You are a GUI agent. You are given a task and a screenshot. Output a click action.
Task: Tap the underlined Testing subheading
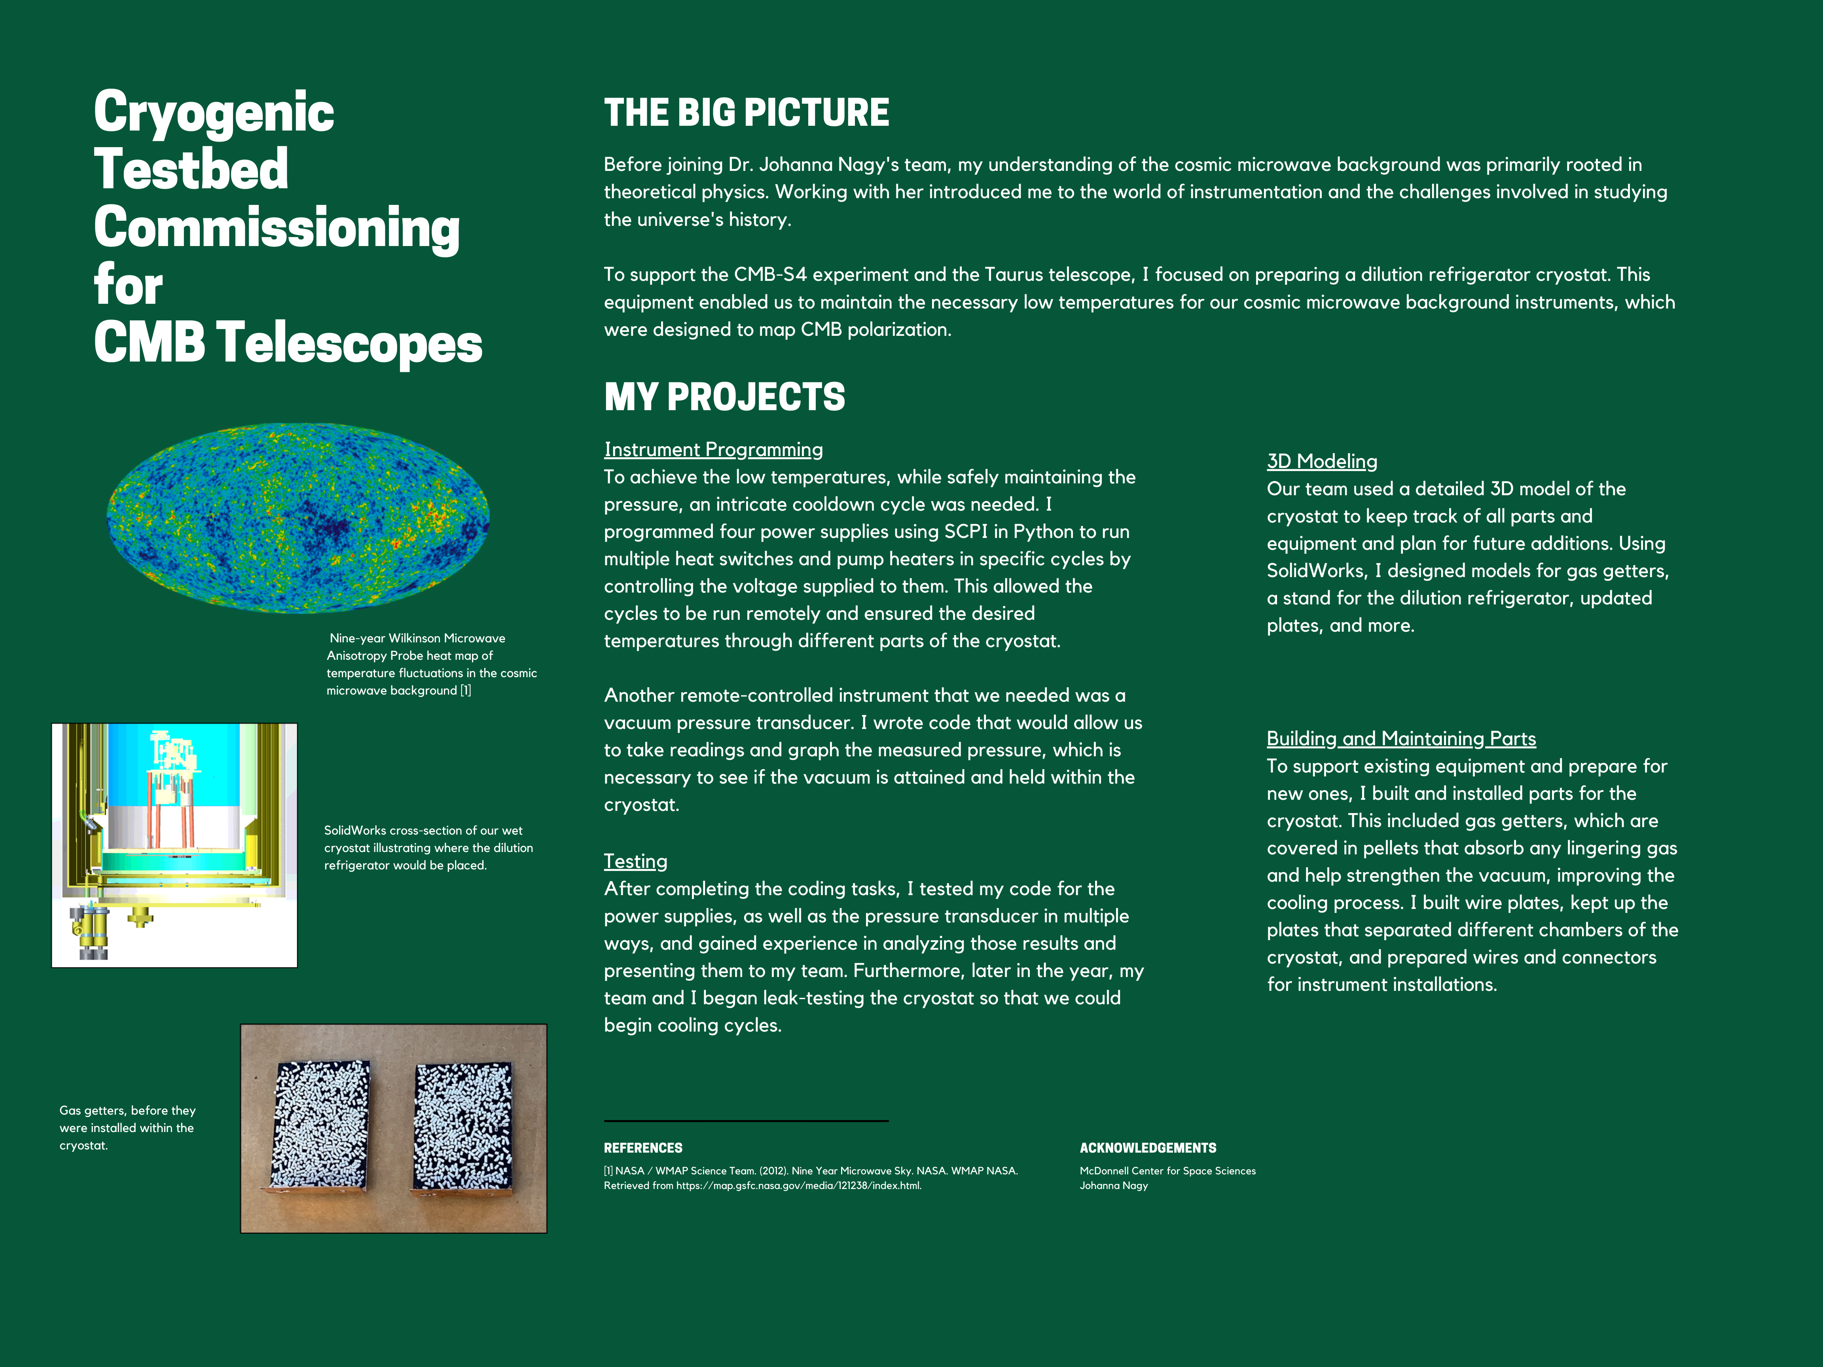tap(635, 861)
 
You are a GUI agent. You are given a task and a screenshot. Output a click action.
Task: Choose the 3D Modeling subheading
tap(1321, 462)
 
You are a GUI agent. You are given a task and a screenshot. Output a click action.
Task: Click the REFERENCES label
tap(643, 1148)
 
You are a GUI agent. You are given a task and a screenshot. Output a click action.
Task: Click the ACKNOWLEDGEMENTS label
tap(1147, 1148)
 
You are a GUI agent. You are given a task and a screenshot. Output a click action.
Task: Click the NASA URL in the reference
tap(798, 1186)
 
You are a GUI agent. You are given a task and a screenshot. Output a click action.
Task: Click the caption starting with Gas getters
tap(128, 1127)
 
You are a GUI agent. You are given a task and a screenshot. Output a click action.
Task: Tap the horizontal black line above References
tap(746, 1121)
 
